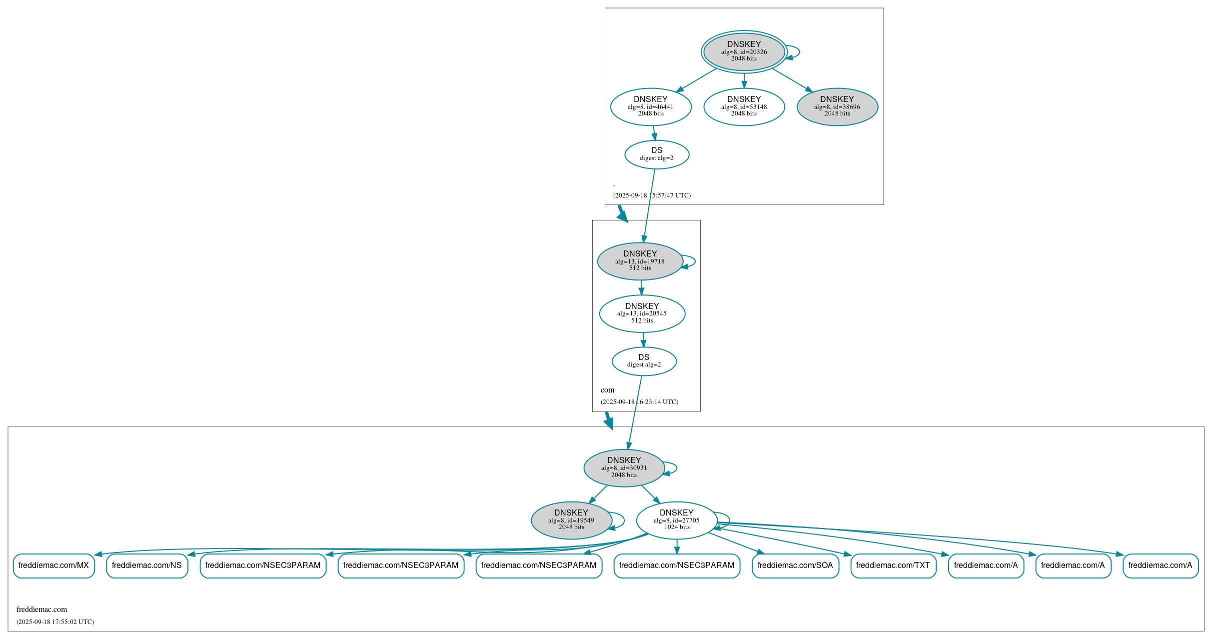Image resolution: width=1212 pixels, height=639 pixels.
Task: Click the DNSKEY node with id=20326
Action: tap(744, 51)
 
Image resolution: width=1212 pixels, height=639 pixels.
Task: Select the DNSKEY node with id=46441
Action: tap(651, 106)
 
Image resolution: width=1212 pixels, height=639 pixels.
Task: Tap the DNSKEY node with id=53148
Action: tap(744, 106)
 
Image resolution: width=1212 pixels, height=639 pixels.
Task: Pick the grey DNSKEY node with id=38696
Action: tap(837, 106)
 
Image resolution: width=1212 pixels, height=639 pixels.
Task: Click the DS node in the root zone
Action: tap(657, 154)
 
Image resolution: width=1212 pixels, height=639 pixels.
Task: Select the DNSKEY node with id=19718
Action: tap(640, 261)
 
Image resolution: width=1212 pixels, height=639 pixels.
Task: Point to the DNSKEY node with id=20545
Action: tap(642, 313)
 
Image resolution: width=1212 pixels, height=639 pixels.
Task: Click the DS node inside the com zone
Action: tap(644, 361)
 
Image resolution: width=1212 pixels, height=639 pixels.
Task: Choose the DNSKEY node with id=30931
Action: tap(624, 468)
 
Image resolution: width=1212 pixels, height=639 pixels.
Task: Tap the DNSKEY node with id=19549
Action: tap(571, 520)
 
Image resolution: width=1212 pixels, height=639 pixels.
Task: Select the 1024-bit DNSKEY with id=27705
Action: tap(676, 520)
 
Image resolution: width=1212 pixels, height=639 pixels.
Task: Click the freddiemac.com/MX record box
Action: tap(53, 565)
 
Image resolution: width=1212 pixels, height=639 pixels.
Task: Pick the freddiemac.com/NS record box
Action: tap(147, 565)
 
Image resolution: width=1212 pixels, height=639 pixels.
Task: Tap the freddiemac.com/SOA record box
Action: tap(795, 565)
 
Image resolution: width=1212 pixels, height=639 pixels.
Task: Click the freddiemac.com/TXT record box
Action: tap(893, 565)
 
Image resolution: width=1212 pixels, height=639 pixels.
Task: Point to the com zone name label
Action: tap(607, 390)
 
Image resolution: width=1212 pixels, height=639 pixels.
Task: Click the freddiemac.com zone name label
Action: tap(41, 609)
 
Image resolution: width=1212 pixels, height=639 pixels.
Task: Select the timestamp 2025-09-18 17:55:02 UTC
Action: tap(55, 622)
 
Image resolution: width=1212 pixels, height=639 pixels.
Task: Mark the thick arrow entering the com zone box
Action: tap(622, 213)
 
